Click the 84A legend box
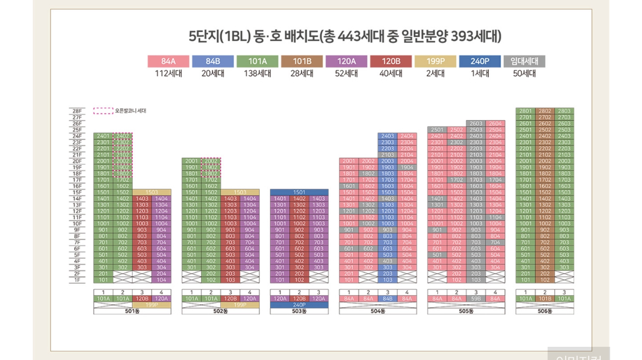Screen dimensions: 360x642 (168, 61)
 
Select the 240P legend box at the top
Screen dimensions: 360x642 (480, 61)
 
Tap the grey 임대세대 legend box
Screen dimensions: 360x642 (524, 61)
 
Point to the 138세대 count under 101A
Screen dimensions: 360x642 (257, 74)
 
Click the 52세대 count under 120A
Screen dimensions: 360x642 (346, 74)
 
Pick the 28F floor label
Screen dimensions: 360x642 (76, 111)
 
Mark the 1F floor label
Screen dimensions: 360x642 (76, 280)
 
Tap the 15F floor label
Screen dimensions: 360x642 (76, 192)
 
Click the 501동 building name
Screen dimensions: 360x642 (132, 311)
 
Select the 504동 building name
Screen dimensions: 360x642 (378, 311)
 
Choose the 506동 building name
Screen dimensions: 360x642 (544, 311)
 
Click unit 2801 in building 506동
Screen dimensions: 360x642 (525, 111)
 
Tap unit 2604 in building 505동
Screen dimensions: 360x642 (495, 123)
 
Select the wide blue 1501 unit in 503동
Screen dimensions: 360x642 (299, 192)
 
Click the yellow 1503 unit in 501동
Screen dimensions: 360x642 (152, 192)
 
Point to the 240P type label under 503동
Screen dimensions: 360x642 (299, 305)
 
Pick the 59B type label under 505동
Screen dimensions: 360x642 (475, 299)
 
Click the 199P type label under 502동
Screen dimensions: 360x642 (240, 305)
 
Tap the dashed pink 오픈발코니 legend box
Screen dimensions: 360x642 (103, 111)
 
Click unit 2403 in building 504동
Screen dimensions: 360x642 (387, 136)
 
